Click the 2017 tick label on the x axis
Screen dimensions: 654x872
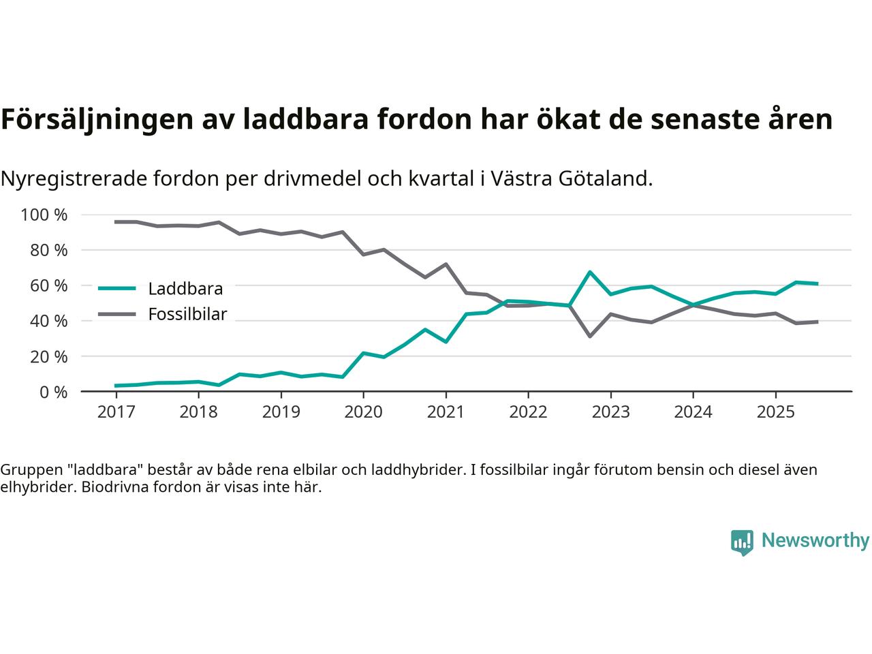pyautogui.click(x=116, y=412)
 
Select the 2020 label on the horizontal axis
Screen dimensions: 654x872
pyautogui.click(x=363, y=412)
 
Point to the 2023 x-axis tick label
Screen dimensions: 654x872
pyautogui.click(x=610, y=412)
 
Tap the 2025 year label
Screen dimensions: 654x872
pyautogui.click(x=775, y=412)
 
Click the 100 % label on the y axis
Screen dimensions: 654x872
pyautogui.click(x=44, y=215)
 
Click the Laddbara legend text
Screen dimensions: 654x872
pyautogui.click(x=185, y=289)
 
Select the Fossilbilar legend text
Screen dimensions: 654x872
pyautogui.click(x=187, y=315)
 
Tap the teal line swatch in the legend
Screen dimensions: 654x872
pyautogui.click(x=117, y=288)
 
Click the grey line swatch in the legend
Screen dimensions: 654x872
pyautogui.click(x=117, y=314)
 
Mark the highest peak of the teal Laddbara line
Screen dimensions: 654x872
pyautogui.click(x=590, y=272)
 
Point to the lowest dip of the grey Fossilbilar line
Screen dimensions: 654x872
pyautogui.click(x=590, y=337)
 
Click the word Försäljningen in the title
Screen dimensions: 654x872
pyautogui.click(x=95, y=120)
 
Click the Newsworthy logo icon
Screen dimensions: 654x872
pyautogui.click(x=742, y=542)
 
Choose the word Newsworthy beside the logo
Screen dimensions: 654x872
pyautogui.click(x=815, y=541)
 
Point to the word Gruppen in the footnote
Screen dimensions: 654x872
pyautogui.click(x=28, y=470)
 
